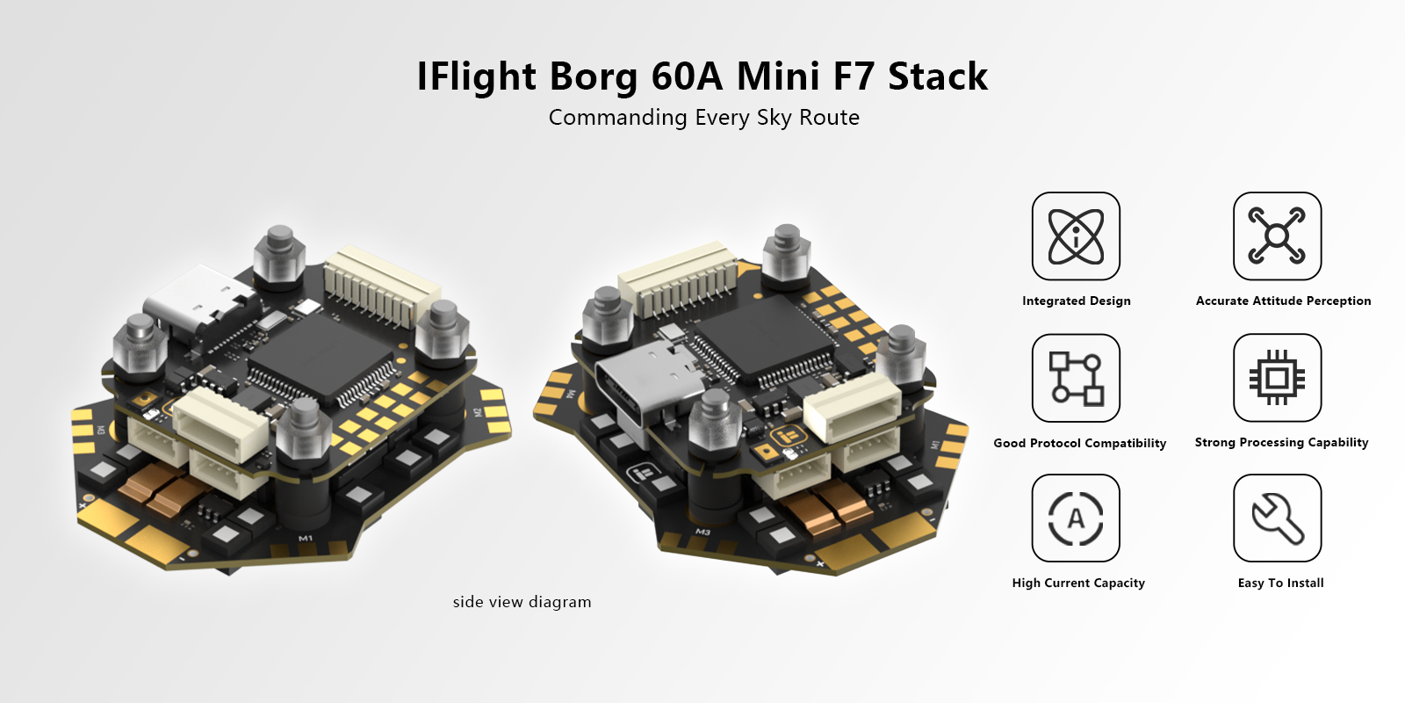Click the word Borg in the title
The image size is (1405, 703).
pyautogui.click(x=594, y=77)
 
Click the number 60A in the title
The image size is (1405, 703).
pyautogui.click(x=687, y=77)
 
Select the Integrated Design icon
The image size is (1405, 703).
pyautogui.click(x=1076, y=236)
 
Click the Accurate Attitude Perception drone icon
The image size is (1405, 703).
pyautogui.click(x=1277, y=236)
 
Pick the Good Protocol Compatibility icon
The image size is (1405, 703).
pyautogui.click(x=1076, y=378)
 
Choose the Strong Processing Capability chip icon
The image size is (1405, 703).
pyautogui.click(x=1277, y=378)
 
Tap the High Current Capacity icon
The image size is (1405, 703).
pyautogui.click(x=1076, y=518)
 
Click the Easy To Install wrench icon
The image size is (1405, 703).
pyautogui.click(x=1277, y=518)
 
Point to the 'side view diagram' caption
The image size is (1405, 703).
pyautogui.click(x=522, y=602)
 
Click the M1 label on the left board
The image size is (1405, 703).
pyautogui.click(x=306, y=538)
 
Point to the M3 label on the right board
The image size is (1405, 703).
pyautogui.click(x=702, y=533)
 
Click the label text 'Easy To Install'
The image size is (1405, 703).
pyautogui.click(x=1280, y=583)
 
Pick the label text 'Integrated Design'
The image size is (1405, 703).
pyautogui.click(x=1076, y=301)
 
